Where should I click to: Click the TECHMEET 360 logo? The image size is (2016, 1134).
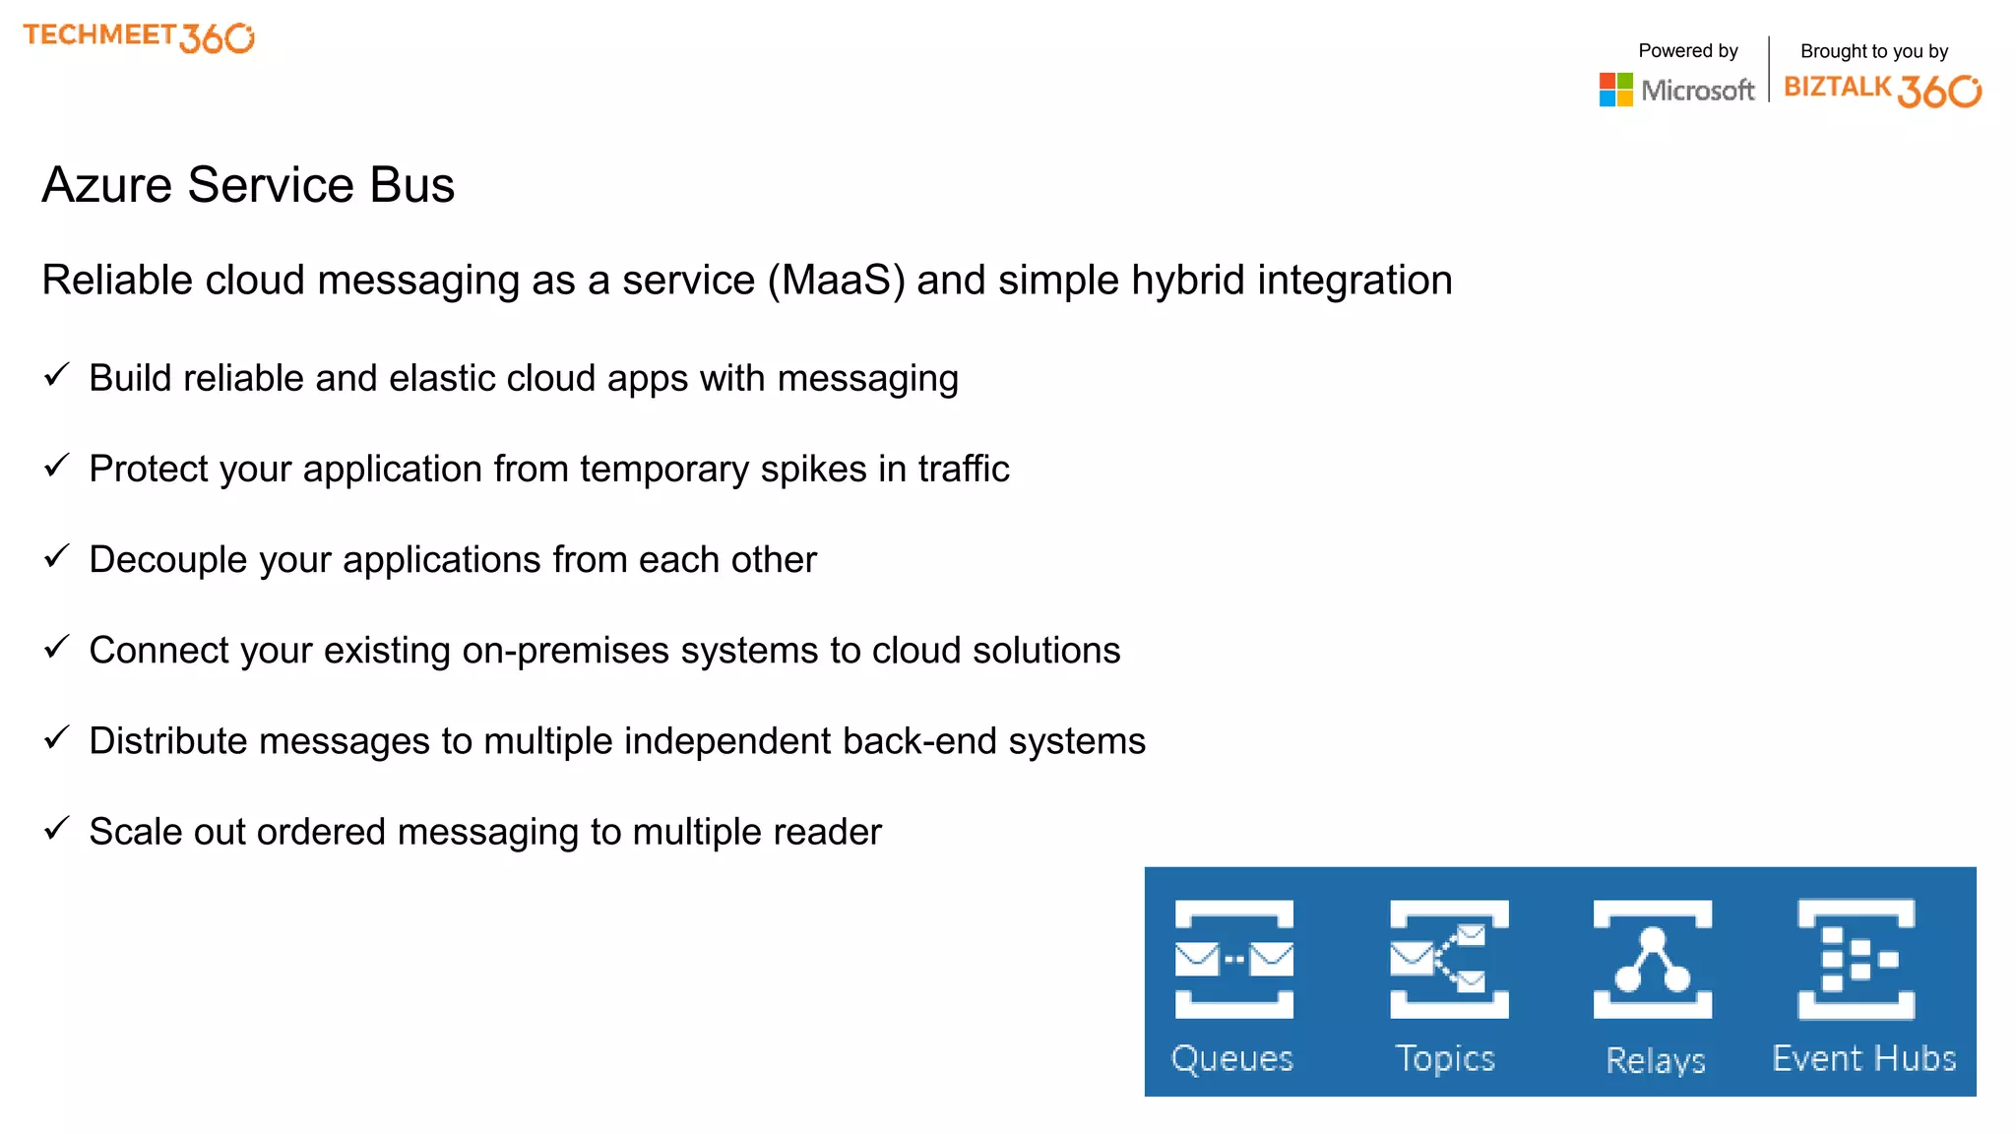(x=139, y=37)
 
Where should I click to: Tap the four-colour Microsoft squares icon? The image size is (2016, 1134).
(x=1615, y=90)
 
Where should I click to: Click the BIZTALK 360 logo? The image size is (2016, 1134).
(x=1882, y=90)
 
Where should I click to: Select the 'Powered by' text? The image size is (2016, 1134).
(x=1687, y=51)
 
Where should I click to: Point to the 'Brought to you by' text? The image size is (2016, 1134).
(x=1873, y=51)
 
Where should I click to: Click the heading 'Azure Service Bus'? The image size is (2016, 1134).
(x=248, y=185)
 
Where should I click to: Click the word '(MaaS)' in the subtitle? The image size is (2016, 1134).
(x=836, y=281)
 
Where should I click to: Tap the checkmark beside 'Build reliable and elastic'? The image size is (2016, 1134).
(x=57, y=375)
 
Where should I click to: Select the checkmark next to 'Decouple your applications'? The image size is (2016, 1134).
(x=57, y=556)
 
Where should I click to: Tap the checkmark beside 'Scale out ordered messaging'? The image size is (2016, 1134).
(x=57, y=828)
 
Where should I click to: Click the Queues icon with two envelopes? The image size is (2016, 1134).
(x=1233, y=959)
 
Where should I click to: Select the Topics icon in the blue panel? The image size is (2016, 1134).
(x=1448, y=959)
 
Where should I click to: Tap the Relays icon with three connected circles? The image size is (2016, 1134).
(x=1653, y=959)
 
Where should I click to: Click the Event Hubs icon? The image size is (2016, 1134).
(x=1856, y=959)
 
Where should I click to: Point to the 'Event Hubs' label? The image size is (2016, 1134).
(x=1863, y=1058)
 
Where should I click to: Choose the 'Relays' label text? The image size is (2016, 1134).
(x=1655, y=1060)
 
